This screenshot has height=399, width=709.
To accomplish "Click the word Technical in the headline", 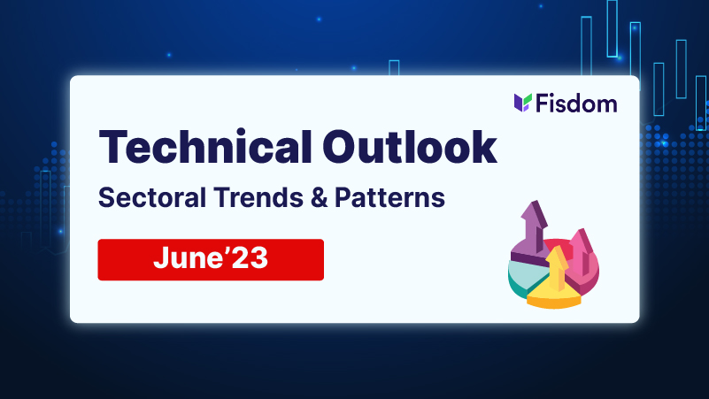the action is click(x=205, y=147).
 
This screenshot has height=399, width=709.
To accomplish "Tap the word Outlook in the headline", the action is click(x=410, y=147).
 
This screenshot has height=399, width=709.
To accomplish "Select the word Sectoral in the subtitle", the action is click(x=152, y=198).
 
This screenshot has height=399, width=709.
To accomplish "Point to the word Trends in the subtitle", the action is click(x=258, y=198).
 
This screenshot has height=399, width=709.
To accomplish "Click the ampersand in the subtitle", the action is click(x=320, y=198).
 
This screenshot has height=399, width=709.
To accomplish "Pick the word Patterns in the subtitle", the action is click(x=389, y=198).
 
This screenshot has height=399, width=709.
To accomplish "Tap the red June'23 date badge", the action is click(x=211, y=260).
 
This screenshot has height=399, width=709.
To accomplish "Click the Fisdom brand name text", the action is click(x=576, y=104).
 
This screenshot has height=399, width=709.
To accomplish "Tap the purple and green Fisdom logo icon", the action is click(x=523, y=103).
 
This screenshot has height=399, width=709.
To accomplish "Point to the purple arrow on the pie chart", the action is click(x=534, y=226).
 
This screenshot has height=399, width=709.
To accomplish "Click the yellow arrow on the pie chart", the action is click(x=556, y=269).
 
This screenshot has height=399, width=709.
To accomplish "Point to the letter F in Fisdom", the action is click(x=543, y=104).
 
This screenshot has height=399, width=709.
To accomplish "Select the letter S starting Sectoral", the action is click(x=106, y=198).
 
